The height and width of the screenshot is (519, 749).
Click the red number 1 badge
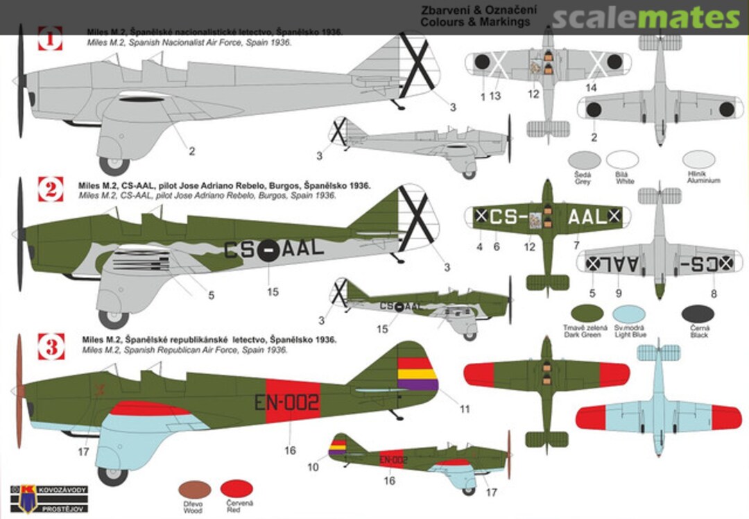(x=50, y=39)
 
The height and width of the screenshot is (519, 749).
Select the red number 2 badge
(x=50, y=189)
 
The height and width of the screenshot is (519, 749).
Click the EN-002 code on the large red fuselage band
(x=286, y=402)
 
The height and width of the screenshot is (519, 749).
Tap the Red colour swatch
(x=234, y=489)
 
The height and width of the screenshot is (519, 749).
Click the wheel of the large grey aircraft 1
(x=114, y=165)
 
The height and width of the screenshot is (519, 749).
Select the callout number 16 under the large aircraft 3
(x=290, y=451)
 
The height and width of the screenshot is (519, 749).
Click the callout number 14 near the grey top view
(x=591, y=87)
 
